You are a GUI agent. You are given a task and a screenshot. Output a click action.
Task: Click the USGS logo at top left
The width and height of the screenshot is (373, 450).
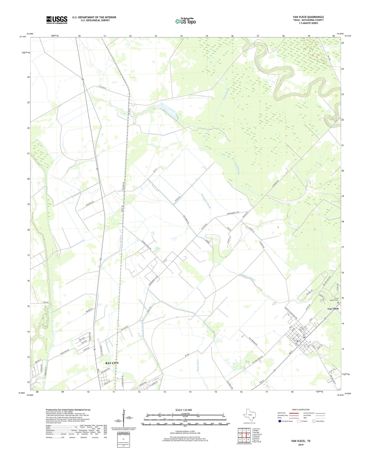point(57,20)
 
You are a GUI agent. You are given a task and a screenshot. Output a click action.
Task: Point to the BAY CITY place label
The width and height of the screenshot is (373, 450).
point(112,363)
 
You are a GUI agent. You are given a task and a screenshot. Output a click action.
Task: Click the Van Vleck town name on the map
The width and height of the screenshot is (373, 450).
point(333,309)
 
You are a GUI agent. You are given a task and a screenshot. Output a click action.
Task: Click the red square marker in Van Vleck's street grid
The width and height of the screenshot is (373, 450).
point(297,341)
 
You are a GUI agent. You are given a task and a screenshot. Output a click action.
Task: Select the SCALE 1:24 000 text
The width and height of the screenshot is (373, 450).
point(184,410)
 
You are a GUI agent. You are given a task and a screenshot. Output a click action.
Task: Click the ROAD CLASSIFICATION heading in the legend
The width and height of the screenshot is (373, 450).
point(301,410)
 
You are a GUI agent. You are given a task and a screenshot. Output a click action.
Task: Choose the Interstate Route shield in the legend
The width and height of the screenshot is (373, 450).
point(280,421)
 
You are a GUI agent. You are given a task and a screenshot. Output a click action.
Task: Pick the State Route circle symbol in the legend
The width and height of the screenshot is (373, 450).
point(314,421)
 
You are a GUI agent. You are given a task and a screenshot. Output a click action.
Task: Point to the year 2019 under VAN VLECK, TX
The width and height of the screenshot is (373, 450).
point(301,445)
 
